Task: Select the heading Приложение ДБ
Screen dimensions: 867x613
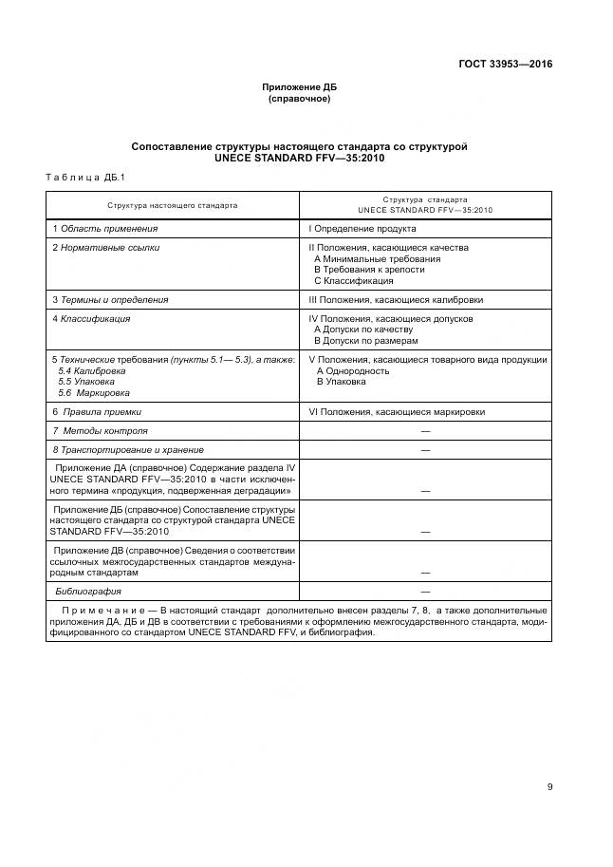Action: pos(299,87)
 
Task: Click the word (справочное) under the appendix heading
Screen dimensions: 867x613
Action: pos(299,99)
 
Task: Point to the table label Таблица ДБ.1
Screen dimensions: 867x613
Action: pos(79,178)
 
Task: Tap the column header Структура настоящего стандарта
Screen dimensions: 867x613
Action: pos(173,205)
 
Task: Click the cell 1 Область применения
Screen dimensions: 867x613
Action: pos(105,229)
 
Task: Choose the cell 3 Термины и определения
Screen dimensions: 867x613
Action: pos(110,299)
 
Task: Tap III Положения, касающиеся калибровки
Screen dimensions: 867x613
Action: pos(395,299)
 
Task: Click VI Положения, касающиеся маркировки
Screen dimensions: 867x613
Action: pos(397,412)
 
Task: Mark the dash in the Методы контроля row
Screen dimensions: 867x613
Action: pos(425,431)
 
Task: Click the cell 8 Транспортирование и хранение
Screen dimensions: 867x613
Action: pos(128,449)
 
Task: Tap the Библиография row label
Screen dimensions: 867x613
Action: pos(86,591)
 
